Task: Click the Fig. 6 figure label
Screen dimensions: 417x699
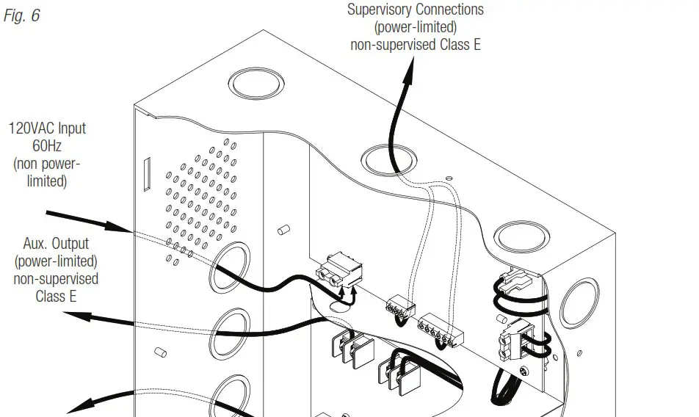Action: tap(22, 15)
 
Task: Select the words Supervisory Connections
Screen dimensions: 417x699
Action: tap(415, 10)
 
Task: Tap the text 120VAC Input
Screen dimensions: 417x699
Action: tap(47, 128)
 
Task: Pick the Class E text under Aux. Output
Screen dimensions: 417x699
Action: tap(56, 297)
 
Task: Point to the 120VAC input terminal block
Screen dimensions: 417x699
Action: tap(340, 275)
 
